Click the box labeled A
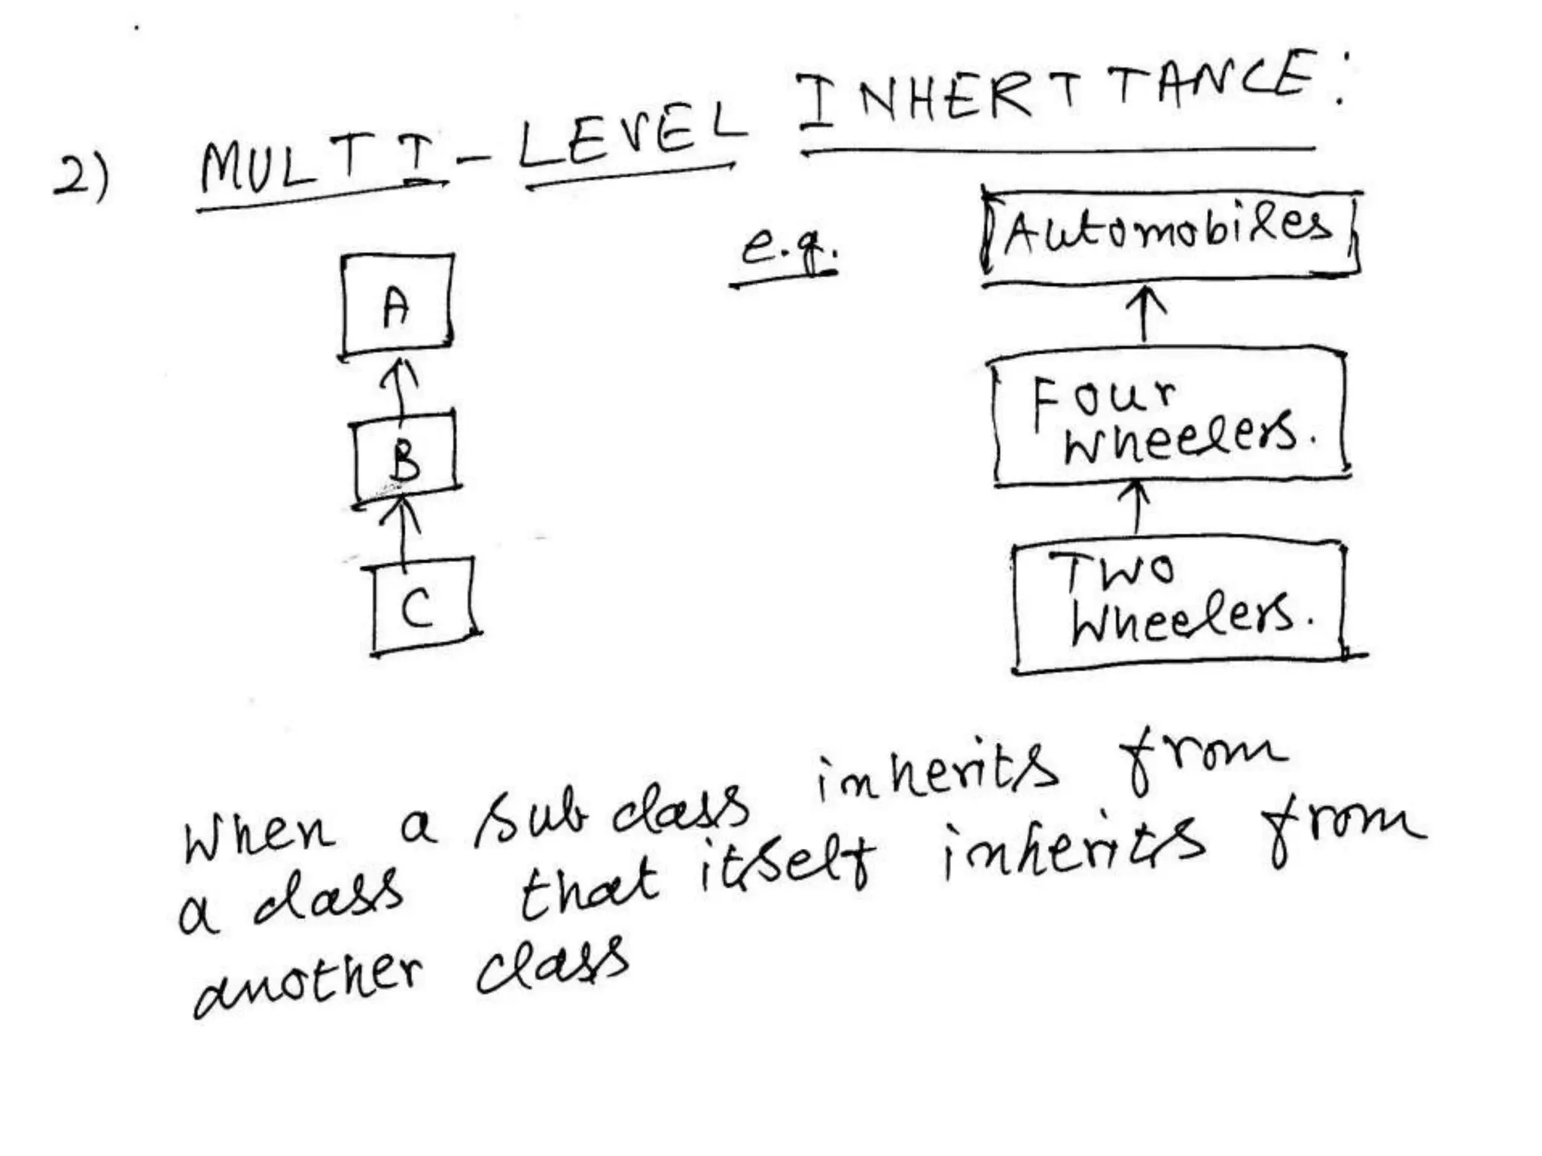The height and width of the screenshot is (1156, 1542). click(397, 306)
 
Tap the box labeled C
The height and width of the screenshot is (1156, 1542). click(424, 607)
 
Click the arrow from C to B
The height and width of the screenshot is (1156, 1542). click(404, 531)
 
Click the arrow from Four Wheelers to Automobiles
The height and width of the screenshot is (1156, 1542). click(1144, 315)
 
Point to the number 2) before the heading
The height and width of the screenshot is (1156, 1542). click(81, 178)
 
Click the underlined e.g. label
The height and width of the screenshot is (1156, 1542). click(788, 248)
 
